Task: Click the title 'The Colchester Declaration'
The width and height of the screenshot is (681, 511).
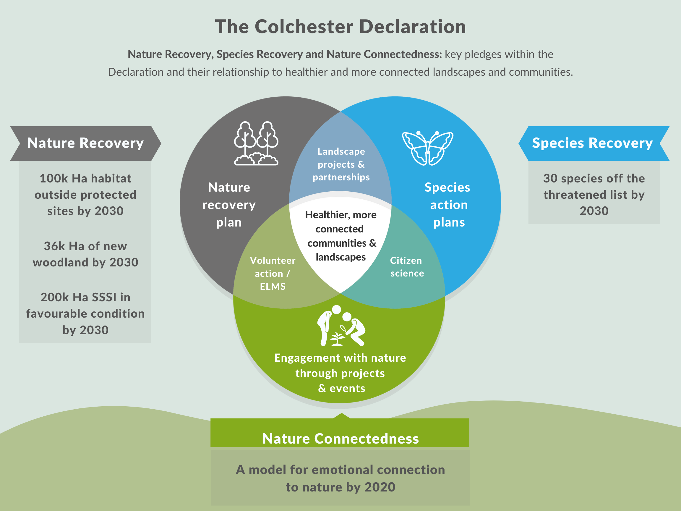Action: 340,27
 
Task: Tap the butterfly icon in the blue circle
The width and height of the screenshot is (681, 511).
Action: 427,148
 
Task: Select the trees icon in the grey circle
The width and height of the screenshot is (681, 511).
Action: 256,143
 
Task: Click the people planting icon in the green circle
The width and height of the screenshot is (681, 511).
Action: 341,326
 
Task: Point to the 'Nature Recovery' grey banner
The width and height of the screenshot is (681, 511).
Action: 85,143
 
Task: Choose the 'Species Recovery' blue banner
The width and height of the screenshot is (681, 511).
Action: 592,143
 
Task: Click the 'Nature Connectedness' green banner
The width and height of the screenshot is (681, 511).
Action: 340,438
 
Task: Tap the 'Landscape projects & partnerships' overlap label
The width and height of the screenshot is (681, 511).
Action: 341,164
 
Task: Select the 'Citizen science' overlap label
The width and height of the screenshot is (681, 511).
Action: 407,267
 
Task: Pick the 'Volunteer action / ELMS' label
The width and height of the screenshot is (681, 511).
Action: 273,273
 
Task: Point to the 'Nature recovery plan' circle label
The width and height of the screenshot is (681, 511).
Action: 229,205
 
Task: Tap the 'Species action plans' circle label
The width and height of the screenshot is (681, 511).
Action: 448,205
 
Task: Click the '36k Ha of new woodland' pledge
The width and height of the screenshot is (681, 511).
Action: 85,254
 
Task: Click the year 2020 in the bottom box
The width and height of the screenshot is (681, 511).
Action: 380,487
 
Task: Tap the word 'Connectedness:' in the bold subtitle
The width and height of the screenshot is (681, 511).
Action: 384,54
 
